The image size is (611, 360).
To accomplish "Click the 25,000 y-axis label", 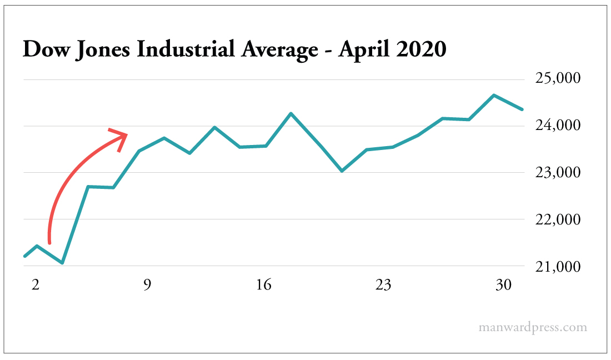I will (558, 78).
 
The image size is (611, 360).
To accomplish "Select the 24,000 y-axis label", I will (558, 126).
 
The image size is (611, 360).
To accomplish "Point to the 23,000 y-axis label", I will (558, 173).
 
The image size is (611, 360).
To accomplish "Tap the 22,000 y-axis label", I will (558, 220).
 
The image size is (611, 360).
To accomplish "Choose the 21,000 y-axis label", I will (558, 267).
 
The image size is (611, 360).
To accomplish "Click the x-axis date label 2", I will (36, 286).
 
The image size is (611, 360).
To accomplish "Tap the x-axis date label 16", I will (264, 286).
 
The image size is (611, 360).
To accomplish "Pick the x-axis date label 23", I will (383, 286).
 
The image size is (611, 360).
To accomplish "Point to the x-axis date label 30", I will (503, 286).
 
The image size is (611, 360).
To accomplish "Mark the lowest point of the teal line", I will (62, 263).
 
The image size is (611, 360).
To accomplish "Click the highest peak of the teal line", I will (494, 95).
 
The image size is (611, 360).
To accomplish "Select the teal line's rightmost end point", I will (522, 109).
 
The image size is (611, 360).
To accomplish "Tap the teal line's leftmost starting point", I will (24, 256).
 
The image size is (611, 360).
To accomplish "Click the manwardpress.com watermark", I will (532, 327).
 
